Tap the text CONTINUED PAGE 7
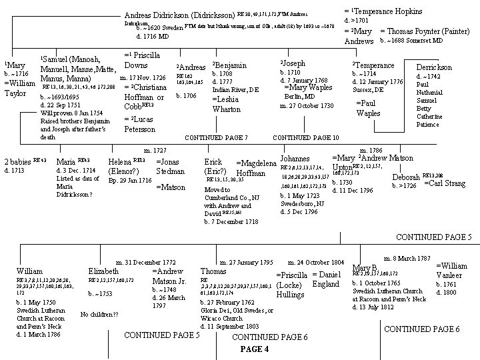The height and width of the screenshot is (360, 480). coord(216,137)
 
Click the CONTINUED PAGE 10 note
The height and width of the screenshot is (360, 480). coord(306,137)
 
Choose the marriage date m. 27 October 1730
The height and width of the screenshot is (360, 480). coord(307,105)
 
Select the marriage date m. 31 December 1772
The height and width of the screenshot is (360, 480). coord(146,262)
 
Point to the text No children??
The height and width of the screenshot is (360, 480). coord(99,314)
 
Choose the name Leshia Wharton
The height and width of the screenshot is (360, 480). coord(226,104)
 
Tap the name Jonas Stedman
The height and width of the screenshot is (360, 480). coord(170,166)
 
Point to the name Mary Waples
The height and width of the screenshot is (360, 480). coord(308,87)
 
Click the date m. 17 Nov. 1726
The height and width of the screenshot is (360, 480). coord(142,78)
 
